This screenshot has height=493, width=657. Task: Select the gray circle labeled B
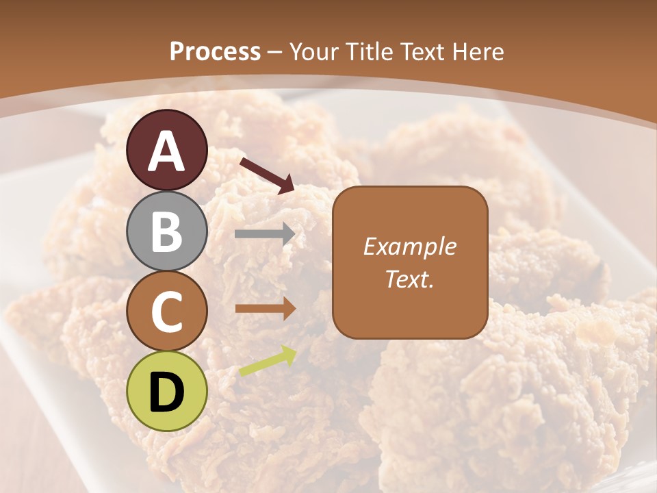click(167, 231)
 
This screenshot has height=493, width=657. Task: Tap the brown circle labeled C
click(167, 311)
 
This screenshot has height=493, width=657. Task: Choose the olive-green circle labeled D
click(167, 391)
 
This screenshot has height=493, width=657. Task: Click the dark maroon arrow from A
click(267, 175)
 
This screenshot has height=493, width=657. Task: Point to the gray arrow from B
click(265, 234)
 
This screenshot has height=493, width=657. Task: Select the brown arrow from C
click(265, 309)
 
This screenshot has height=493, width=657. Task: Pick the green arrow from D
click(268, 362)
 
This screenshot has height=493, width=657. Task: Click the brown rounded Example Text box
click(410, 262)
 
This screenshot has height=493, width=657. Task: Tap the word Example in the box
click(409, 246)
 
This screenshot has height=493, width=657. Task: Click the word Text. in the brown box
click(409, 279)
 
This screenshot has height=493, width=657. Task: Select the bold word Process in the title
click(215, 51)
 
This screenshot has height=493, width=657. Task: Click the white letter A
click(167, 151)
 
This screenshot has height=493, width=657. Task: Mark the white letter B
click(167, 231)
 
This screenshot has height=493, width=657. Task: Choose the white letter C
click(167, 312)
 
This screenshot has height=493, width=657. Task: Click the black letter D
click(167, 392)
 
